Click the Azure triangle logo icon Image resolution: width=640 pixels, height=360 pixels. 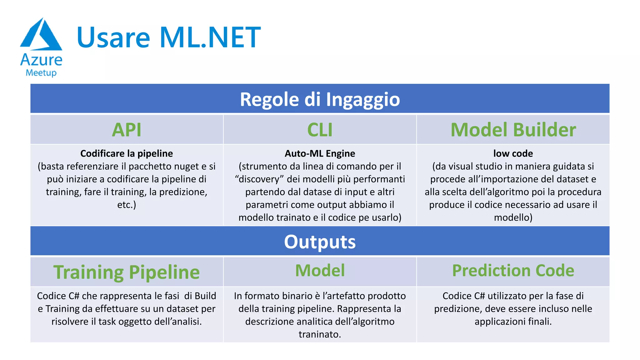pos(41,34)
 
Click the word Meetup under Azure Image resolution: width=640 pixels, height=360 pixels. pos(41,73)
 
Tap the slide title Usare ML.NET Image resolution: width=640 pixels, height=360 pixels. pos(168,37)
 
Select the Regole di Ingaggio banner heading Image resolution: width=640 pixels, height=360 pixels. pos(320,99)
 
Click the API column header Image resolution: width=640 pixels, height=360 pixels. pos(127,130)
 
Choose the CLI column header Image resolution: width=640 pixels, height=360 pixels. pos(320,130)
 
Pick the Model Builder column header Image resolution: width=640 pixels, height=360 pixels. pos(513,130)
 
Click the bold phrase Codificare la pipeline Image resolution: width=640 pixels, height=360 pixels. pos(127,153)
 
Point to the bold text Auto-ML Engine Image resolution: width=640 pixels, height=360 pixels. pos(320,153)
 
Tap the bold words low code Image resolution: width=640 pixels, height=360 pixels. pos(513,153)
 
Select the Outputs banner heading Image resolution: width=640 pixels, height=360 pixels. pos(320,242)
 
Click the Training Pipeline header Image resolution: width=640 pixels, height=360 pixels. pos(127,272)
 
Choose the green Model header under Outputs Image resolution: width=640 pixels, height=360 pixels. pos(320,270)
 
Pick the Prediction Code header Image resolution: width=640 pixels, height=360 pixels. pos(513,270)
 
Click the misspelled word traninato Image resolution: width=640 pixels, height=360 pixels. pos(320,334)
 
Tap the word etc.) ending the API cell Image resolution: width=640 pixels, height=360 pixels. pos(127,205)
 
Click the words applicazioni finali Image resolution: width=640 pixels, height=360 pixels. pos(513,322)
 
